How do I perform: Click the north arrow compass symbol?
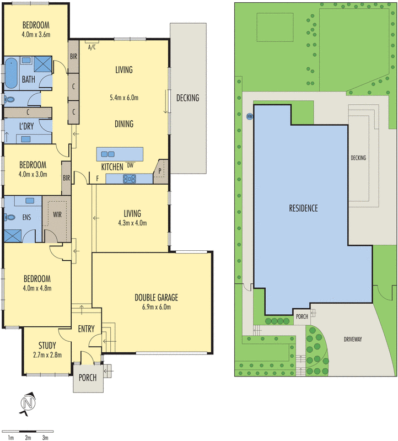28,404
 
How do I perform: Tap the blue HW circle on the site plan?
250,116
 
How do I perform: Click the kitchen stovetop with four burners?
130,179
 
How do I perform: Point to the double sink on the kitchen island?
107,154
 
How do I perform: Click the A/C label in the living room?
92,47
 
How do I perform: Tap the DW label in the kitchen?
130,165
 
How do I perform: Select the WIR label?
57,214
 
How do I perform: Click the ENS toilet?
9,217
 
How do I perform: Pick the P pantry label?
160,171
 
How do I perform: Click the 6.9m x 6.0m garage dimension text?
157,307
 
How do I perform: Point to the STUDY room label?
47,346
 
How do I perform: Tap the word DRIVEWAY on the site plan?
353,339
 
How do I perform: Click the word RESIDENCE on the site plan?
304,208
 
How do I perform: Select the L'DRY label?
26,126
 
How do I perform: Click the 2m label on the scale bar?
28,438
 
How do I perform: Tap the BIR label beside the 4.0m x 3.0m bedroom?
66,178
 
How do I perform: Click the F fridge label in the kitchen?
98,179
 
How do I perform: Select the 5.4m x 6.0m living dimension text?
124,98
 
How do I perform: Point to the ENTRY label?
87,329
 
